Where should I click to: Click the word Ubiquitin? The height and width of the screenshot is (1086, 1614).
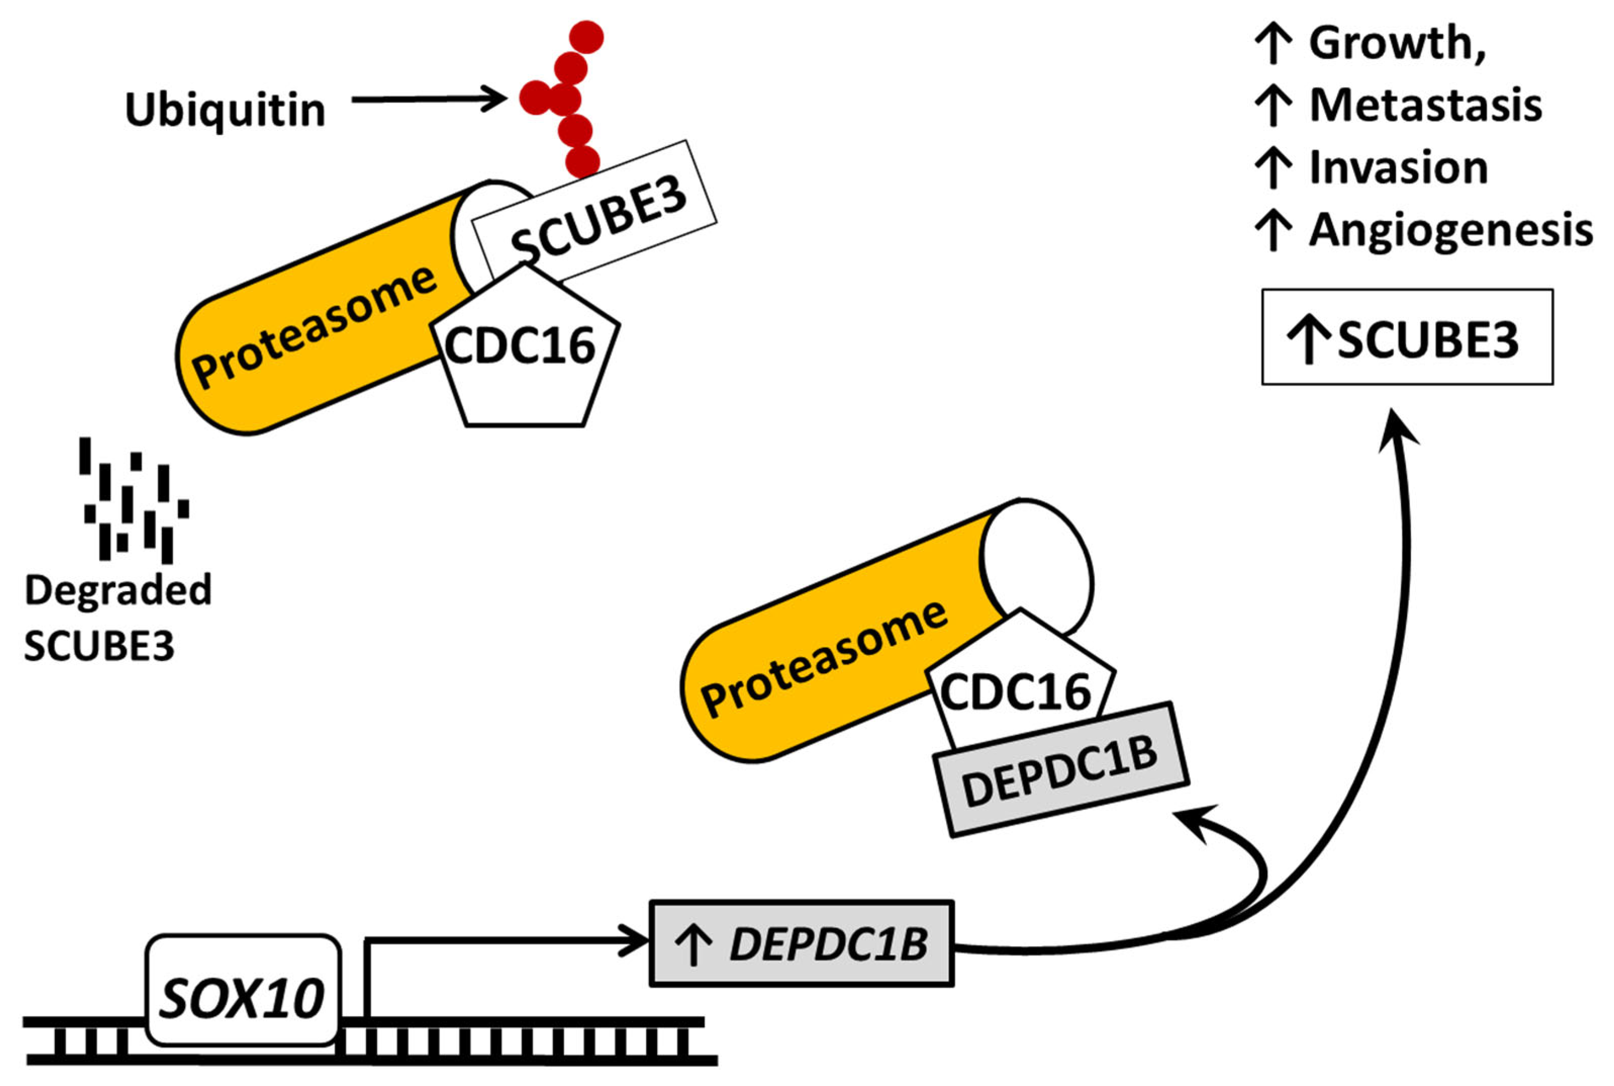coord(224,110)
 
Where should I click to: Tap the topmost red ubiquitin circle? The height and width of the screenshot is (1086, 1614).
coord(586,37)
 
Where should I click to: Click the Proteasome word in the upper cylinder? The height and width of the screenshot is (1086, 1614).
coord(315,325)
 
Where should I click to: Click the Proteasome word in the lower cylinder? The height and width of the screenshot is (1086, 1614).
coord(824,658)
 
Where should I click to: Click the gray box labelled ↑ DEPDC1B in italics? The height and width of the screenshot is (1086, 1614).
coord(801,943)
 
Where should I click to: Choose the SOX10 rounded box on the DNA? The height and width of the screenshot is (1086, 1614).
coord(242,990)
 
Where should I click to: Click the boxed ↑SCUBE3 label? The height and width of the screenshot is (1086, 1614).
coord(1407,337)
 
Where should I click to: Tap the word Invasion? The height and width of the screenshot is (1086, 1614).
coord(1399,168)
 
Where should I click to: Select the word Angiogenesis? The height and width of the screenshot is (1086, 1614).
coord(1451,230)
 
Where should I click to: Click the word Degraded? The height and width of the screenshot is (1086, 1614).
coord(118,591)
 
